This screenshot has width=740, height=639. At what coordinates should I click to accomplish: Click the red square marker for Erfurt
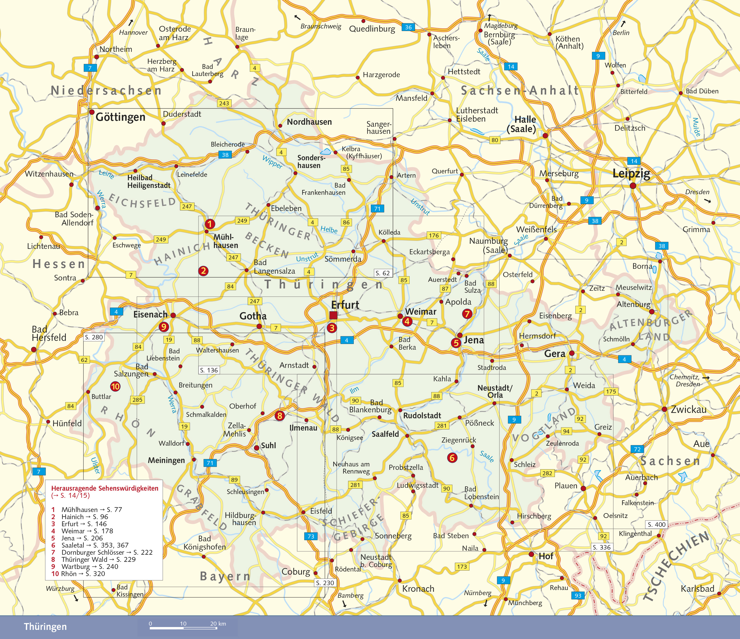click(x=333, y=315)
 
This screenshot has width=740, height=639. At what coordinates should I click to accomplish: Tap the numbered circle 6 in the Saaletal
click(x=452, y=458)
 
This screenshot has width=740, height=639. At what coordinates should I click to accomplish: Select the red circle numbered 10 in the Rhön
click(x=115, y=386)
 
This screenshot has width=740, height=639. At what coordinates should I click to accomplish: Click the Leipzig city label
click(x=631, y=173)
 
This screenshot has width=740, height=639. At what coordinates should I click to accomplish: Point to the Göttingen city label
click(x=120, y=117)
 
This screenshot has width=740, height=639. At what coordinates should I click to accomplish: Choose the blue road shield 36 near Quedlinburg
click(x=408, y=27)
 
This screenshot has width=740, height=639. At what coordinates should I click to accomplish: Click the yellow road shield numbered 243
click(x=224, y=103)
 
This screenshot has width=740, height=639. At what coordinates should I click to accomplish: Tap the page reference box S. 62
click(x=383, y=273)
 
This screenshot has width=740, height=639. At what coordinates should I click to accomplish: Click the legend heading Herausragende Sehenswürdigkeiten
click(x=105, y=488)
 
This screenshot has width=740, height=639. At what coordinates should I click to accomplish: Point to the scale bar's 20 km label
click(x=218, y=624)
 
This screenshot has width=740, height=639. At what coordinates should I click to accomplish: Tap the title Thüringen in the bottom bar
click(x=45, y=627)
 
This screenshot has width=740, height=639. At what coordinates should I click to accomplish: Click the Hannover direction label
click(x=133, y=32)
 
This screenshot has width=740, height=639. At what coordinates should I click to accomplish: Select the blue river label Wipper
click(x=272, y=162)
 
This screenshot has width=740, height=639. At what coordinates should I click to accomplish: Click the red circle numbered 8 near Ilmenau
click(x=280, y=415)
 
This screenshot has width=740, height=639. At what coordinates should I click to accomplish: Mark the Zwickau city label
click(x=688, y=409)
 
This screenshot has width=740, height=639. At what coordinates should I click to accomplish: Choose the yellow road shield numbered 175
click(x=611, y=392)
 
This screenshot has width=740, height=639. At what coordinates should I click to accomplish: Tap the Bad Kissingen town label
click(x=129, y=591)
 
